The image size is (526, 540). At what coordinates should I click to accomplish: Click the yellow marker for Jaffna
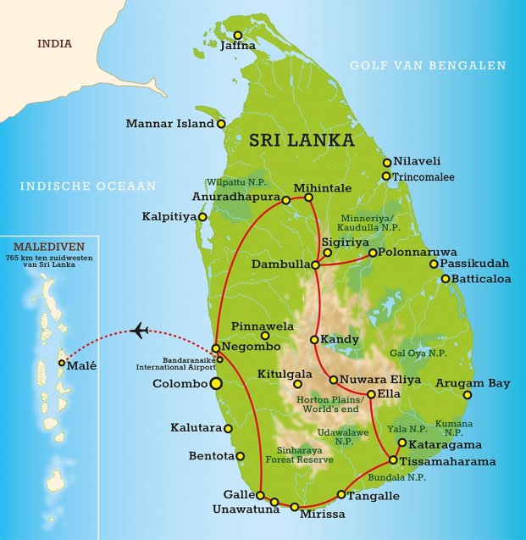click(238, 35)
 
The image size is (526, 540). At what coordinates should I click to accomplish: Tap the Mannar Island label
click(169, 124)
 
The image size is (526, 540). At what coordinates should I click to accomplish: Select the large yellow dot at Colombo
click(216, 384)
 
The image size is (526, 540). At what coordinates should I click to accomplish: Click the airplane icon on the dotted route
click(141, 330)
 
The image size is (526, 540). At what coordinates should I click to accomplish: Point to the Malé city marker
click(61, 363)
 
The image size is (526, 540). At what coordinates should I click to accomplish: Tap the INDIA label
click(53, 44)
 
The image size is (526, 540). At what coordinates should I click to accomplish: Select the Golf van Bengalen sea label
click(428, 65)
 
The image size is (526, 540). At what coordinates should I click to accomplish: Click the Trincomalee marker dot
click(386, 176)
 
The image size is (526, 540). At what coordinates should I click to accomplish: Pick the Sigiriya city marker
click(328, 252)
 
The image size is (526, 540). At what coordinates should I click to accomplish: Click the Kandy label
click(339, 339)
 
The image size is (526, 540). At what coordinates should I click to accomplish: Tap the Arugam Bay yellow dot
click(468, 394)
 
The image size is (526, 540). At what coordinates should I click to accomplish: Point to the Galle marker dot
click(262, 498)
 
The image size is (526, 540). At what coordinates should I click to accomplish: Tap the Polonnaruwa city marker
click(373, 252)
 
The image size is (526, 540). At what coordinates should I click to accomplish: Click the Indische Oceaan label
click(88, 186)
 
